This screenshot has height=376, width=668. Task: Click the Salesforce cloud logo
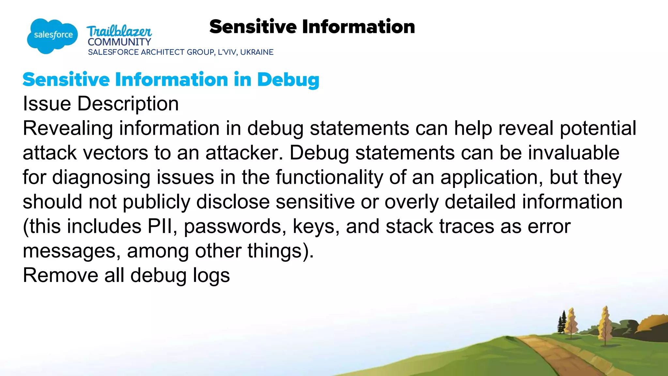tap(52, 35)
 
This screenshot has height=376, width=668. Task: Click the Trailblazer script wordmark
tap(119, 31)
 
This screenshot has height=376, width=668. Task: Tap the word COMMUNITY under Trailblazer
tap(119, 42)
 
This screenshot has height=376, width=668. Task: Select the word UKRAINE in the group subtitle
tap(257, 52)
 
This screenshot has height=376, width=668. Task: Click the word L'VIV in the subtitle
tap(227, 52)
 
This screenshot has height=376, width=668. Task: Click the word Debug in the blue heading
tap(288, 80)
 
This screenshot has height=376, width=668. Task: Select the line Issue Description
tap(101, 104)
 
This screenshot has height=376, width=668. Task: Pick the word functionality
tap(329, 177)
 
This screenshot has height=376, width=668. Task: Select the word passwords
tap(235, 226)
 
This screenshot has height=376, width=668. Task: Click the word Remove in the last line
tap(60, 275)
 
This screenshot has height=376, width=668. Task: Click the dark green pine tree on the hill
tap(562, 323)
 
